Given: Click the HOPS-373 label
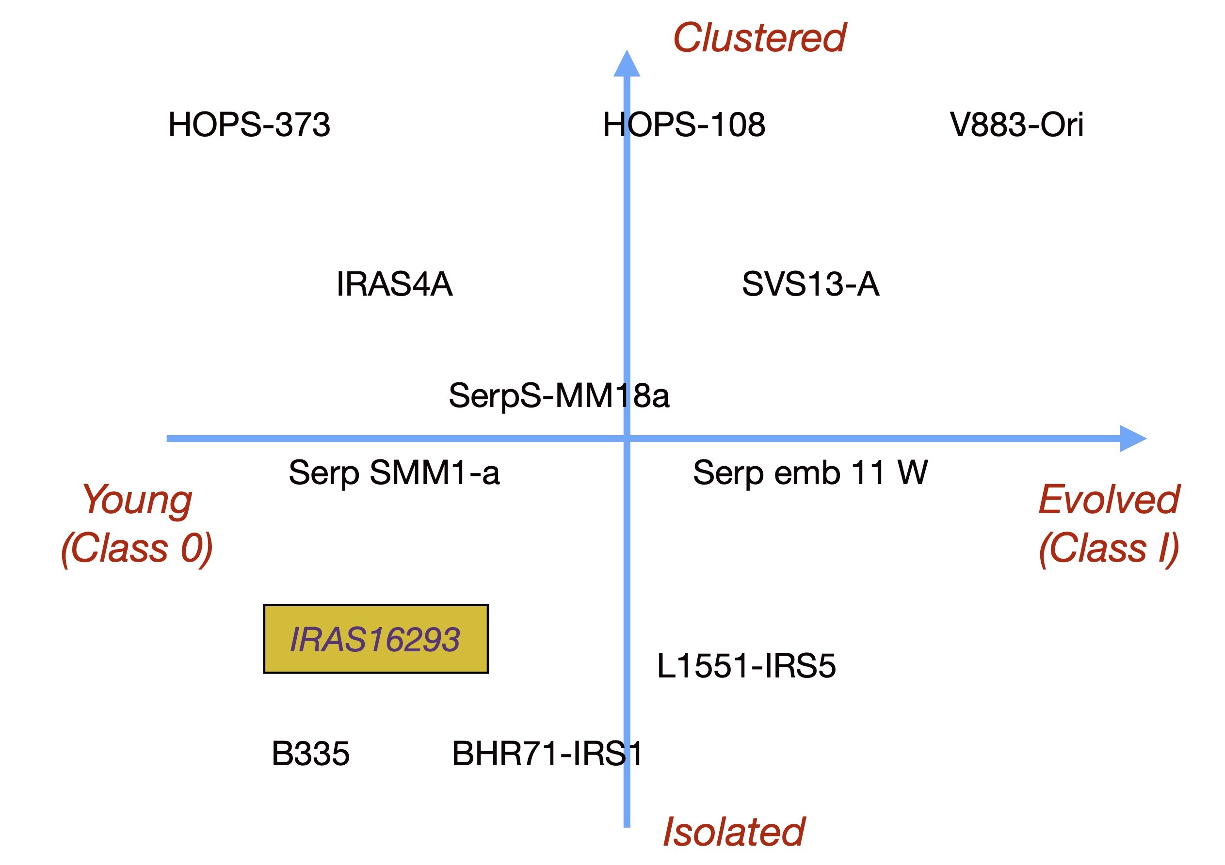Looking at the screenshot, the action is click(x=249, y=125).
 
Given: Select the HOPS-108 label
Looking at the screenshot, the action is click(x=684, y=125).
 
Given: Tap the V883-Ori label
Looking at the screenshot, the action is click(x=1016, y=125).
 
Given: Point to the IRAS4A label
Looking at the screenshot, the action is click(x=394, y=283).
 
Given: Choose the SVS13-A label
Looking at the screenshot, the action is click(x=810, y=283).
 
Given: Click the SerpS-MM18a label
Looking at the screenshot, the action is click(x=559, y=396).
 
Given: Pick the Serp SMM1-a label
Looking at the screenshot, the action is click(x=394, y=473).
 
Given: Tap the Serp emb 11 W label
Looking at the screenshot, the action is click(x=810, y=473).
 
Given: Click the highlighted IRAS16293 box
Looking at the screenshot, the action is click(x=376, y=639).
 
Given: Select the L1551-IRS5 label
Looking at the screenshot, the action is click(x=746, y=666).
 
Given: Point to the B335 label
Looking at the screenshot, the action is click(x=310, y=754).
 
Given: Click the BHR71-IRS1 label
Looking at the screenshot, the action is click(x=547, y=754).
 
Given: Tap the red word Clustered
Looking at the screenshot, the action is click(x=760, y=38).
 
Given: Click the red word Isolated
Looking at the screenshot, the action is click(x=734, y=832).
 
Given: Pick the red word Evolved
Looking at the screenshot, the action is click(x=1109, y=500).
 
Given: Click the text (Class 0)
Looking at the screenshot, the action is click(x=137, y=549).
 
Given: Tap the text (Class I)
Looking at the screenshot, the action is click(x=1109, y=549).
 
